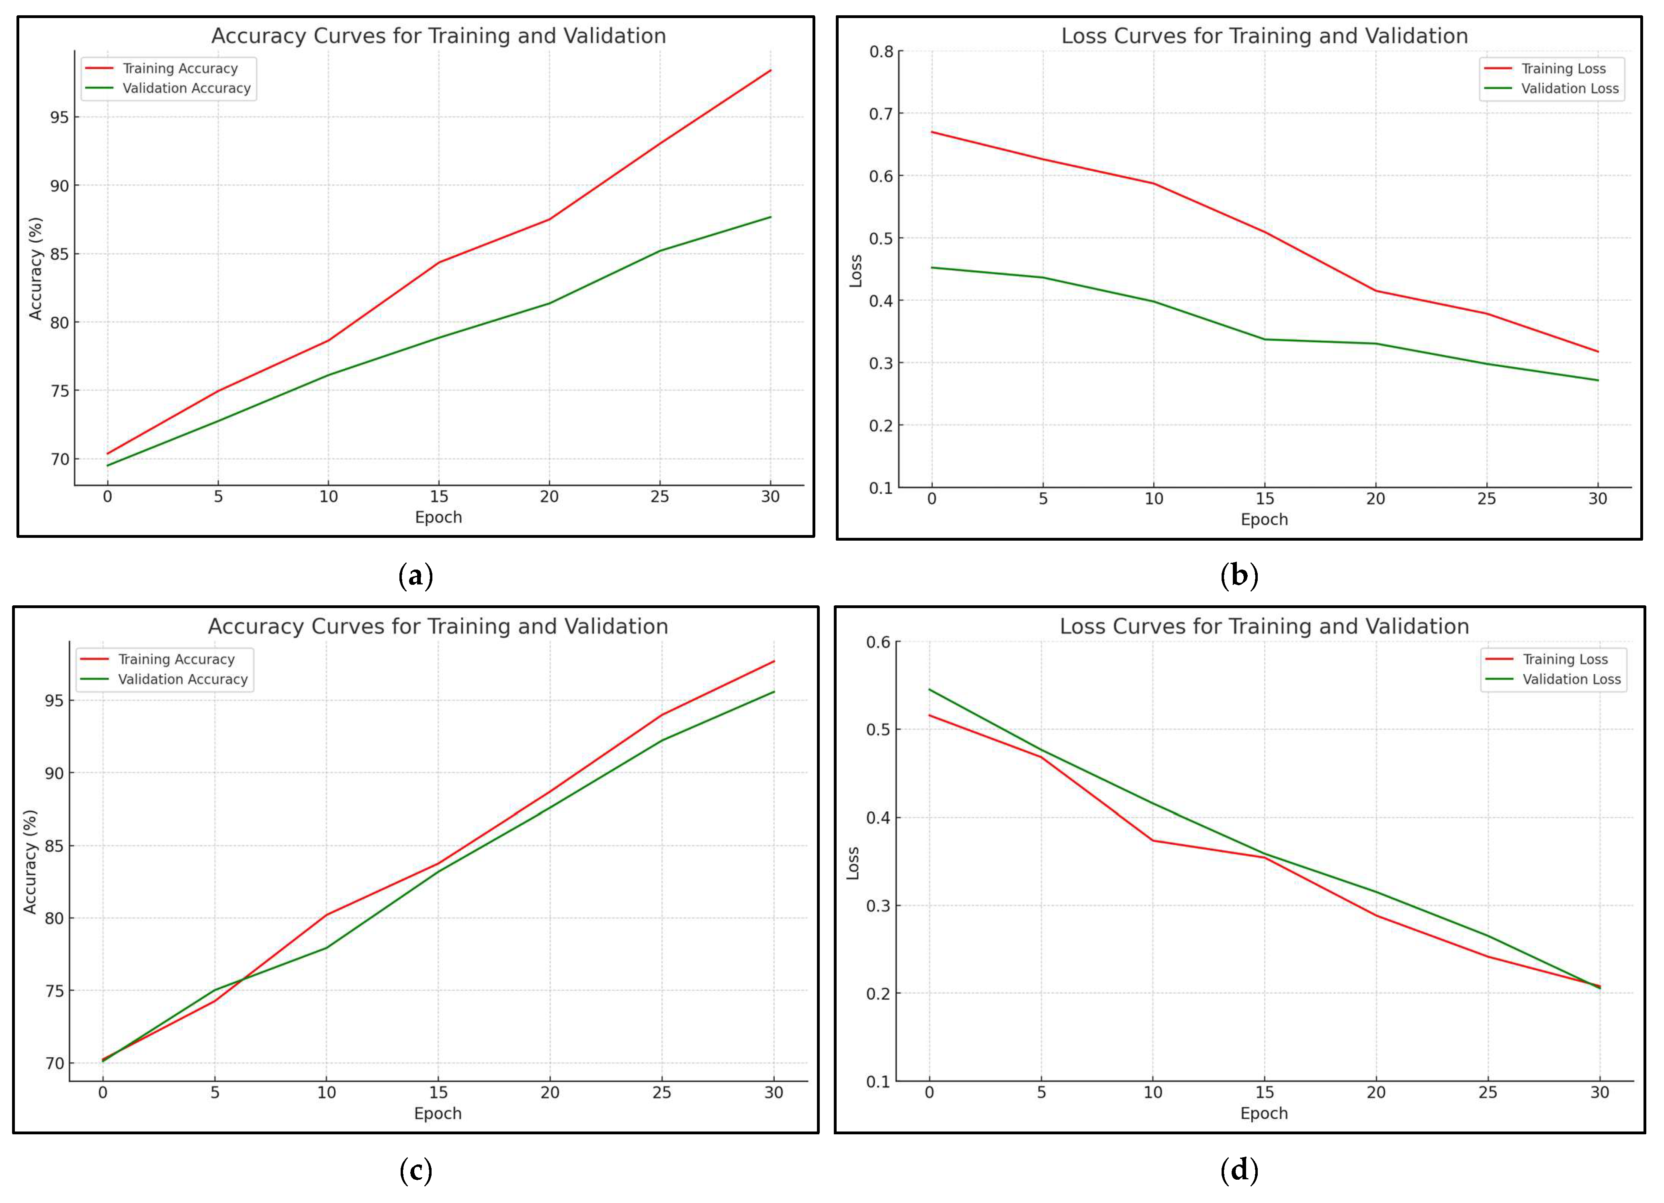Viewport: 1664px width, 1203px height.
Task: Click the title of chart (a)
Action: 438,36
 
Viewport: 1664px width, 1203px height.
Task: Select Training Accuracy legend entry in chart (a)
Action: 180,68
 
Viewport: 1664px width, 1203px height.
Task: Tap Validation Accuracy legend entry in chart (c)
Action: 183,679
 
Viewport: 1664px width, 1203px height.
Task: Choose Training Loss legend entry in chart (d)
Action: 1565,660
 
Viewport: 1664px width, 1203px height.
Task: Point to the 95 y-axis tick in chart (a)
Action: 59,117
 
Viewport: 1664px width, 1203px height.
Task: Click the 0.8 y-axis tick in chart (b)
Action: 881,51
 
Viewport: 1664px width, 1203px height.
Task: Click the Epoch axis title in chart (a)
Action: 438,517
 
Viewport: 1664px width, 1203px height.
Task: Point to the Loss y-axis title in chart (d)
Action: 853,863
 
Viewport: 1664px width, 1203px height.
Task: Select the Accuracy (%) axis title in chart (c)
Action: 30,862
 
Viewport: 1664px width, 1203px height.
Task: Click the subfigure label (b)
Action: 1238,575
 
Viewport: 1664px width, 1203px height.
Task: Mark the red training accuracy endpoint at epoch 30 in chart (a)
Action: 770,70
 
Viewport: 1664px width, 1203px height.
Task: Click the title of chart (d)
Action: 1264,627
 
